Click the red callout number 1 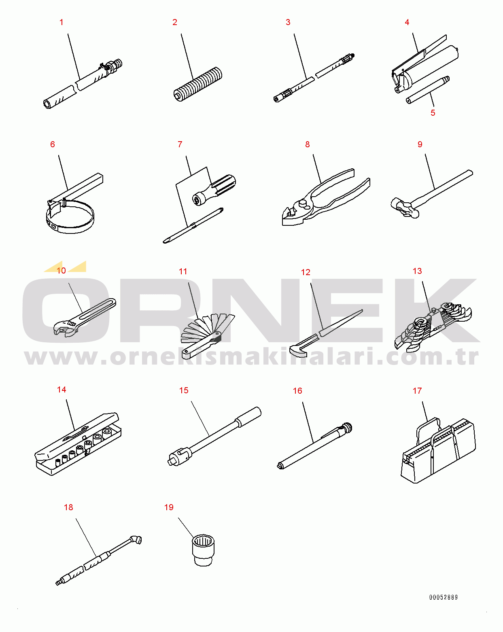pyautogui.click(x=62, y=22)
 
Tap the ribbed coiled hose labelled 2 pyautogui.click(x=198, y=84)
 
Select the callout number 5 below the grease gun pyautogui.click(x=433, y=113)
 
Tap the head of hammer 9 pyautogui.click(x=404, y=208)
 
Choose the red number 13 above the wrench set pyautogui.click(x=417, y=271)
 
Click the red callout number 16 pyautogui.click(x=297, y=391)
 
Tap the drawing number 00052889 pyautogui.click(x=444, y=597)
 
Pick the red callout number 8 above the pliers pyautogui.click(x=307, y=144)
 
